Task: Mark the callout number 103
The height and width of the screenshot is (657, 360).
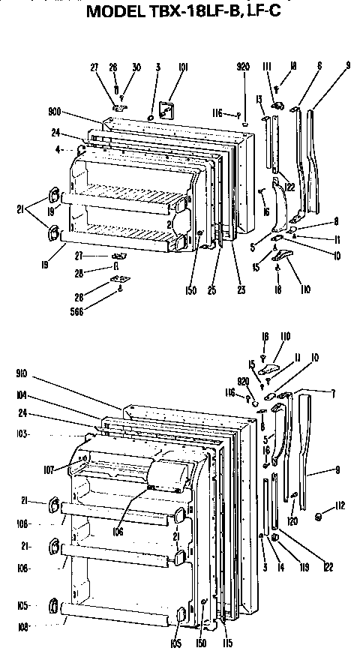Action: tap(22, 435)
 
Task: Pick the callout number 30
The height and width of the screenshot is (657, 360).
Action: tap(137, 67)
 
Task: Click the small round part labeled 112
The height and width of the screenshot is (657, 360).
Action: tap(321, 517)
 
